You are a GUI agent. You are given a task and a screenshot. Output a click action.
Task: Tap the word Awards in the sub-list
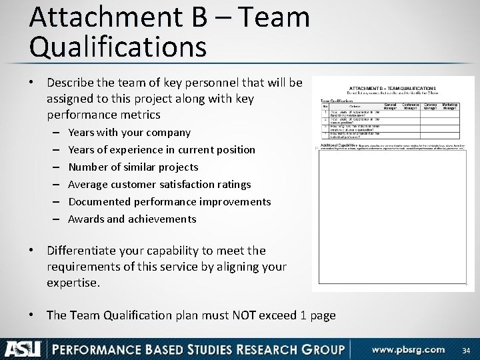tap(85, 219)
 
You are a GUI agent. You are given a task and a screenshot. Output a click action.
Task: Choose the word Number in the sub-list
tap(87, 167)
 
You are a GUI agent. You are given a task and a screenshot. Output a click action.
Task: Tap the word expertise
tap(73, 283)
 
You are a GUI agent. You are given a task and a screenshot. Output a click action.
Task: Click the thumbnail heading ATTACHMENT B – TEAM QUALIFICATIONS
tap(392, 88)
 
